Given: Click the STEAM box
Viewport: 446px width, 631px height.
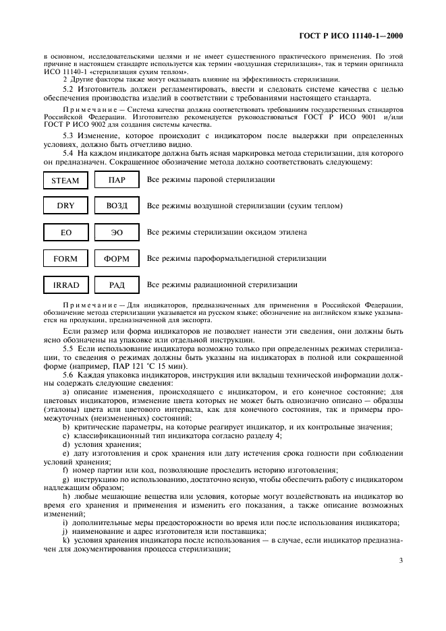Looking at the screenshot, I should (x=65, y=180).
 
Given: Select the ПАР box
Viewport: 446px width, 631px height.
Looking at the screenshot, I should (x=117, y=180).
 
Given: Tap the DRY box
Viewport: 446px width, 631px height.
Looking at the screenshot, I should (x=65, y=206).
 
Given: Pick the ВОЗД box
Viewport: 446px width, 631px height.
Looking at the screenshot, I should (x=117, y=206).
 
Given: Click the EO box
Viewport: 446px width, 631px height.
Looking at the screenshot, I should (x=65, y=233).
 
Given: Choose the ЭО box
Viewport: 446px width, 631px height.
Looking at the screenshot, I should (x=117, y=233).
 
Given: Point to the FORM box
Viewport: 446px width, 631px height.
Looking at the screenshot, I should (x=65, y=259).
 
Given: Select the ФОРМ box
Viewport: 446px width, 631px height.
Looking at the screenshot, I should (x=117, y=259).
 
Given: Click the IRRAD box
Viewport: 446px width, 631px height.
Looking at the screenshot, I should (x=65, y=285).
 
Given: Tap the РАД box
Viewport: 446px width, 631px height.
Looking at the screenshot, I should (x=117, y=285).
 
